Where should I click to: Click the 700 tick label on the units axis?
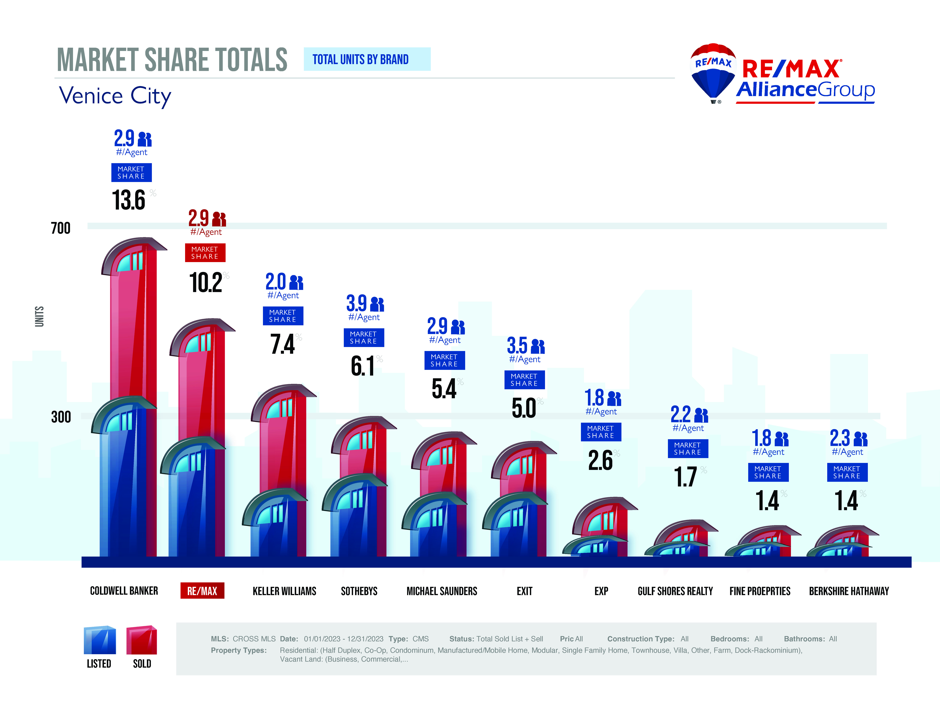(x=61, y=228)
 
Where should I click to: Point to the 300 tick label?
(x=61, y=417)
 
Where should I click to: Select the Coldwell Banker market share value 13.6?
(x=129, y=200)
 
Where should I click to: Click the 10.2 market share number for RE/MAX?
(x=206, y=283)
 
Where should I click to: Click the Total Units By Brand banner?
(x=367, y=59)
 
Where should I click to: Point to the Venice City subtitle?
(x=115, y=96)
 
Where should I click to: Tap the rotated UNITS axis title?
(x=39, y=317)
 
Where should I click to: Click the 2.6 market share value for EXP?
(x=600, y=460)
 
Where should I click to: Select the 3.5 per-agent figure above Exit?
(x=517, y=345)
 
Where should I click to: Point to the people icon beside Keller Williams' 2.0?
(x=296, y=283)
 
